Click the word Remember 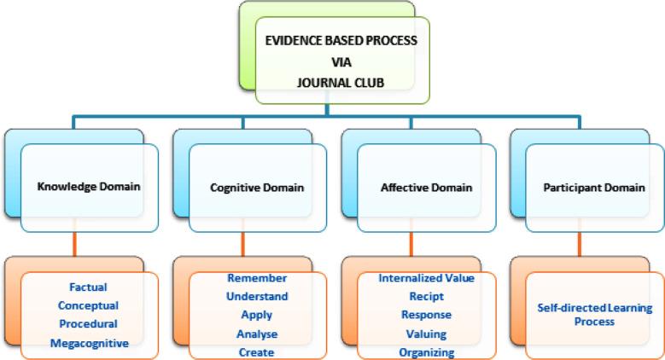point(257,278)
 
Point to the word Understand point(257,296)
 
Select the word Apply point(257,315)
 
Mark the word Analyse point(257,334)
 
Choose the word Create point(257,351)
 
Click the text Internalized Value point(425,278)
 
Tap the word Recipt point(425,296)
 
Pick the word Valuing point(425,334)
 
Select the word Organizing point(425,351)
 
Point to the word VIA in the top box point(341,62)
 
